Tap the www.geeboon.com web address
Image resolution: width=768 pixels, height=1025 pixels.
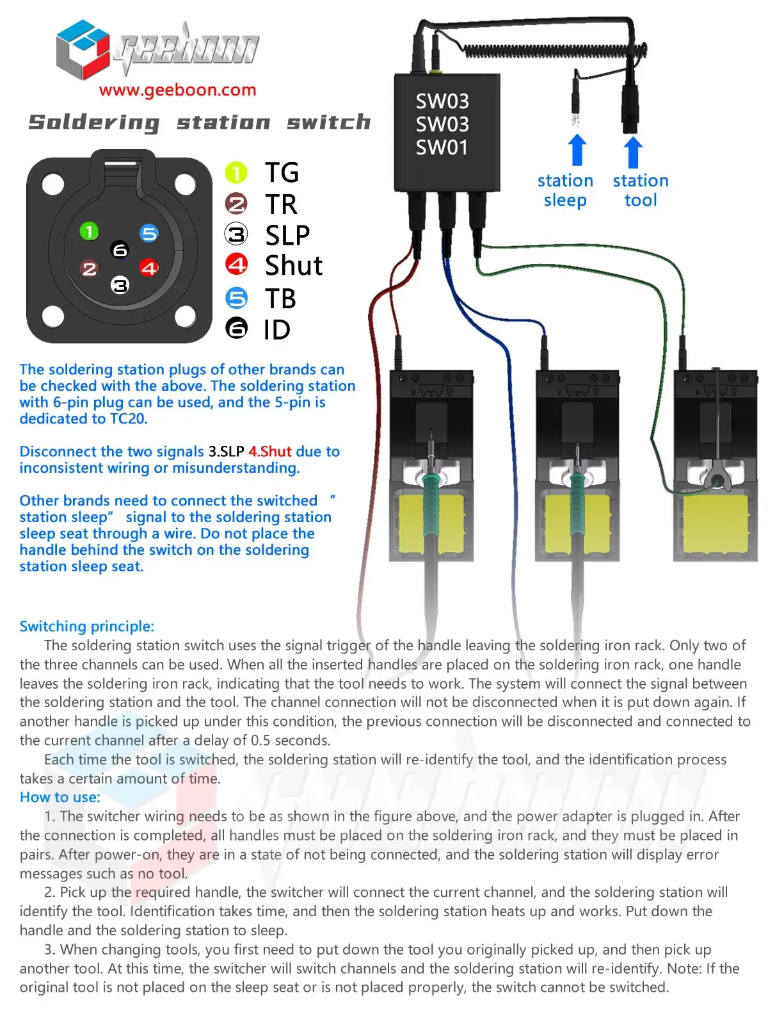(x=177, y=90)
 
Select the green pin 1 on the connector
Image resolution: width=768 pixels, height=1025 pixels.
(x=89, y=231)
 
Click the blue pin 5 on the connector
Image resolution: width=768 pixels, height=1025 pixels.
(x=149, y=233)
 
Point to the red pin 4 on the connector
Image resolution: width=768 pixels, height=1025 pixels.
(x=149, y=268)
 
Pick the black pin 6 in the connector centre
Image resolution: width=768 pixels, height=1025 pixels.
(x=120, y=250)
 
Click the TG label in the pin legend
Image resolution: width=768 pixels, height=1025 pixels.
(x=282, y=172)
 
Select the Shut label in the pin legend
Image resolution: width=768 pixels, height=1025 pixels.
(x=294, y=265)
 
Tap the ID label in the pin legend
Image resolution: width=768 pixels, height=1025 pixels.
(x=277, y=330)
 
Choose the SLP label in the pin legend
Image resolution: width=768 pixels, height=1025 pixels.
(x=287, y=235)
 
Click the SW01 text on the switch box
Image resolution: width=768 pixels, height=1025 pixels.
(x=442, y=147)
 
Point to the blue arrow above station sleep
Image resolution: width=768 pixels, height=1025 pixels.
(x=577, y=150)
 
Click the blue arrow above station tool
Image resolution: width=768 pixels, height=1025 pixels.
(x=633, y=152)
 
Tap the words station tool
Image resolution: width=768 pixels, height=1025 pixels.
(x=641, y=190)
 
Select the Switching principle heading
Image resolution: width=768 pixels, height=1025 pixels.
(x=87, y=626)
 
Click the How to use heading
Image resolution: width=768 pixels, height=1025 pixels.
(x=60, y=797)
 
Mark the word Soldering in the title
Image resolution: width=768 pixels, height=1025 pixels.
(x=94, y=122)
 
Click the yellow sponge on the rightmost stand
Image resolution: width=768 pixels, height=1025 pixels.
(x=715, y=524)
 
